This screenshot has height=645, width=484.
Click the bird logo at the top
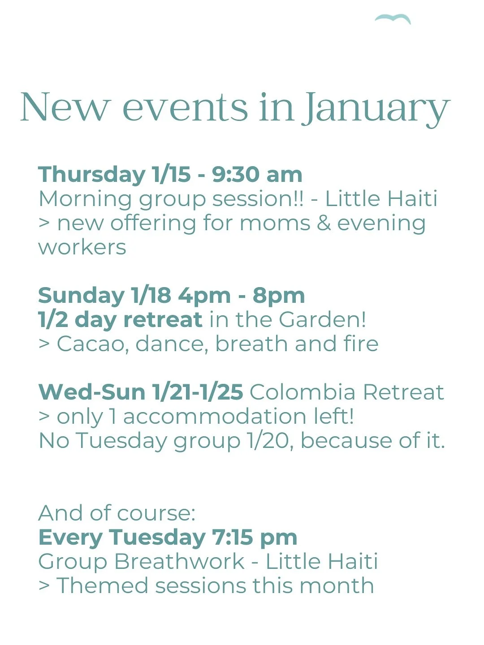393,18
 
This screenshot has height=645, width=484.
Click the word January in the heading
376,108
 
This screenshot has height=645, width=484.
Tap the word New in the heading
65,107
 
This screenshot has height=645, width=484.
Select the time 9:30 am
257,174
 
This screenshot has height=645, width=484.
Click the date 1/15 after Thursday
171,174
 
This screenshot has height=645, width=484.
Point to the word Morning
85,199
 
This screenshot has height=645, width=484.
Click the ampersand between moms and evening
324,223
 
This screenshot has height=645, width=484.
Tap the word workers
82,247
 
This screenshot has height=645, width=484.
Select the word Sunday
81,296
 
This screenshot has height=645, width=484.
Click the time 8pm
278,296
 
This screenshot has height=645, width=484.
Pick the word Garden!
322,320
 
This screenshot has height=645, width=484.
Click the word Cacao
93,344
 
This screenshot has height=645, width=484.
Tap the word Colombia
303,392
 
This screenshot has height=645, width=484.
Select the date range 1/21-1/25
198,392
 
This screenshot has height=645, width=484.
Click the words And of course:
117,513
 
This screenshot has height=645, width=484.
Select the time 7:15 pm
255,537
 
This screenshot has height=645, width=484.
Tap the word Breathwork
179,562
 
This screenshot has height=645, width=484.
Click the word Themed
102,586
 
